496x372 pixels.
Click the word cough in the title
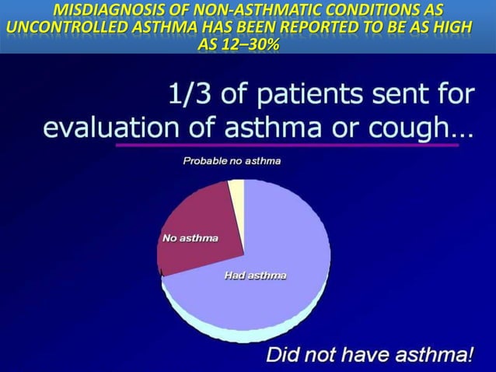pos(413,127)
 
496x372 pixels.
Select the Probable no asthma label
pos(232,161)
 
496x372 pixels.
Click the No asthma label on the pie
pos(190,238)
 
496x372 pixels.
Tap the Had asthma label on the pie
pos(255,275)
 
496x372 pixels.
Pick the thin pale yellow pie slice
pos(236,195)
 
